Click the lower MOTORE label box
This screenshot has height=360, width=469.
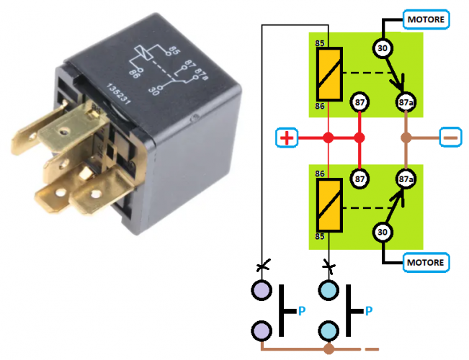coord(427,261)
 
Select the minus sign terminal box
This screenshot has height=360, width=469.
coord(451,137)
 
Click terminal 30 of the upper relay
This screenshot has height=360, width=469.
coord(383,49)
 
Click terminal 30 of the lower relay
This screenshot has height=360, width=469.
coord(383,233)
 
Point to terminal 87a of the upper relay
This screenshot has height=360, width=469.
coord(406,104)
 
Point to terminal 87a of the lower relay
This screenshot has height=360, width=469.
coord(406,177)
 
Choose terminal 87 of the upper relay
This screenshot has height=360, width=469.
coord(359,104)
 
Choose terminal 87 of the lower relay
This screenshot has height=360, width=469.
coord(359,177)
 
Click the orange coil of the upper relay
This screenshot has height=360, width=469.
coord(329,75)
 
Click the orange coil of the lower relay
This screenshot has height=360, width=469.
coord(329,206)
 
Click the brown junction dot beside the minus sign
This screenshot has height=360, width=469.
coord(406,138)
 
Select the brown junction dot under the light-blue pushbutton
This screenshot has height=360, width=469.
coord(329,349)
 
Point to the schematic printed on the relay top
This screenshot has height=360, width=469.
coord(166,69)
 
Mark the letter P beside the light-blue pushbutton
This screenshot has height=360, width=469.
coord(369,311)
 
